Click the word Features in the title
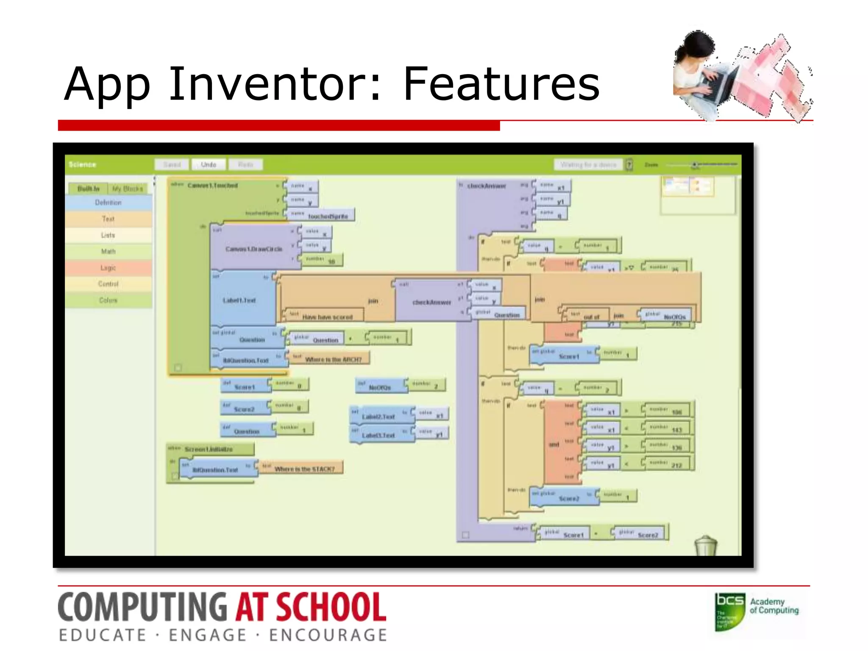tap(501, 85)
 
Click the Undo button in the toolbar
tap(208, 164)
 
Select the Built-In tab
tap(88, 189)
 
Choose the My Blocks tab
tap(128, 189)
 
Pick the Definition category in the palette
tap(108, 203)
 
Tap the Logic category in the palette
tap(108, 268)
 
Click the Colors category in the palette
tap(108, 300)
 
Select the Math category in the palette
tap(108, 251)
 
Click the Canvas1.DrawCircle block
tap(253, 249)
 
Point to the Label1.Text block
tap(239, 300)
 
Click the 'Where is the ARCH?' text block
tap(333, 359)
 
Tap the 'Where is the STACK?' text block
tap(304, 469)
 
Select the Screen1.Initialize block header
tap(209, 449)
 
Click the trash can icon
tap(706, 545)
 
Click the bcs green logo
tap(729, 611)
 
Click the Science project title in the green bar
tap(83, 164)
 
